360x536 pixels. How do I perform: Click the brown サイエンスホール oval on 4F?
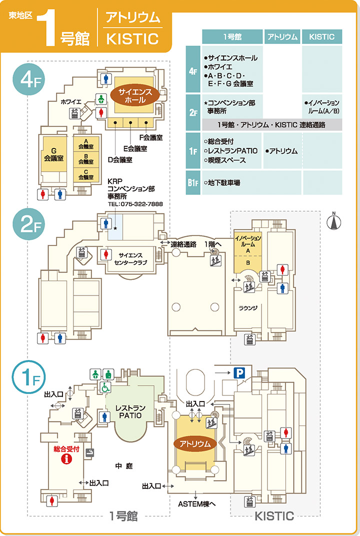click(135, 95)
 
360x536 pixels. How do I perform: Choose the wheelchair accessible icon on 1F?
click(106, 386)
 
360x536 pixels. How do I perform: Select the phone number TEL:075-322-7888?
click(135, 204)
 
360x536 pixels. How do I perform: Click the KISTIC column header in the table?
click(321, 36)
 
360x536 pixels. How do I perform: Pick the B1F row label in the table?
click(193, 183)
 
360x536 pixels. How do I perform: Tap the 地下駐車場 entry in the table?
click(223, 183)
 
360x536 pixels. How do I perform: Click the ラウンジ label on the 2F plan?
click(248, 307)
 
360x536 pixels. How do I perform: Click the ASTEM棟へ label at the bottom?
click(196, 503)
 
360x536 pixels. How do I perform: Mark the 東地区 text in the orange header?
click(20, 16)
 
